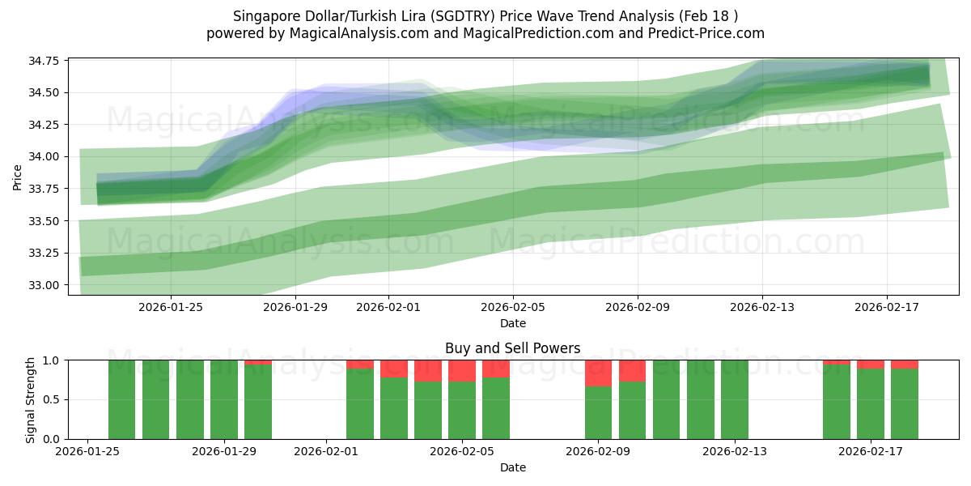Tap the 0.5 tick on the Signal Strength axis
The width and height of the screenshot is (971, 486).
(54, 399)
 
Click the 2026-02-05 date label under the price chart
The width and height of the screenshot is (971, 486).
(512, 307)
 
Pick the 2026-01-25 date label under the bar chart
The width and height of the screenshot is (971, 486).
(87, 451)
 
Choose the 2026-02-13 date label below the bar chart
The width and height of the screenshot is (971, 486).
(735, 451)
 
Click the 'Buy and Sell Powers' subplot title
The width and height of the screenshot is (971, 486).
(512, 348)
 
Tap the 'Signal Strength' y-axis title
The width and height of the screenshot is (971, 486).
(30, 399)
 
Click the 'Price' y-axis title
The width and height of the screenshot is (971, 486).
(18, 176)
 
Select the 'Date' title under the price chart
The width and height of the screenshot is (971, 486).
(512, 323)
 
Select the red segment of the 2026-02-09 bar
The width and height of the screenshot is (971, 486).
(598, 373)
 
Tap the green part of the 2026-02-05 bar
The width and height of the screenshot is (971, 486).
(462, 411)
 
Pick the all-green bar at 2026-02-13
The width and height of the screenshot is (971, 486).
(735, 399)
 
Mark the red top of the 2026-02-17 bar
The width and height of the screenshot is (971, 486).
(871, 364)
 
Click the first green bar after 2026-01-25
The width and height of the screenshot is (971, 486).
(121, 399)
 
